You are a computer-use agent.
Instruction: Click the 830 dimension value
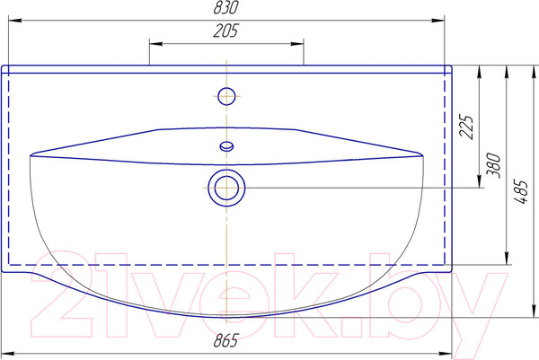(225, 7)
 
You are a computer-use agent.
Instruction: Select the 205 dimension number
(225, 31)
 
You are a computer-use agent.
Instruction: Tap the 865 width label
(225, 340)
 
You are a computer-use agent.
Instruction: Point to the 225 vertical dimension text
(466, 127)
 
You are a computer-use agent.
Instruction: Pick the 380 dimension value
(494, 165)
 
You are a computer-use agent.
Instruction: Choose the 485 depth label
(521, 192)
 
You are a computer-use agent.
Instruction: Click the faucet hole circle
(226, 96)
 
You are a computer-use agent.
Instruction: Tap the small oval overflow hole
(226, 146)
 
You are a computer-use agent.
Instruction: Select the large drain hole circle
(226, 188)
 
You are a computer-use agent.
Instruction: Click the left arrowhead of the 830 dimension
(15, 21)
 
